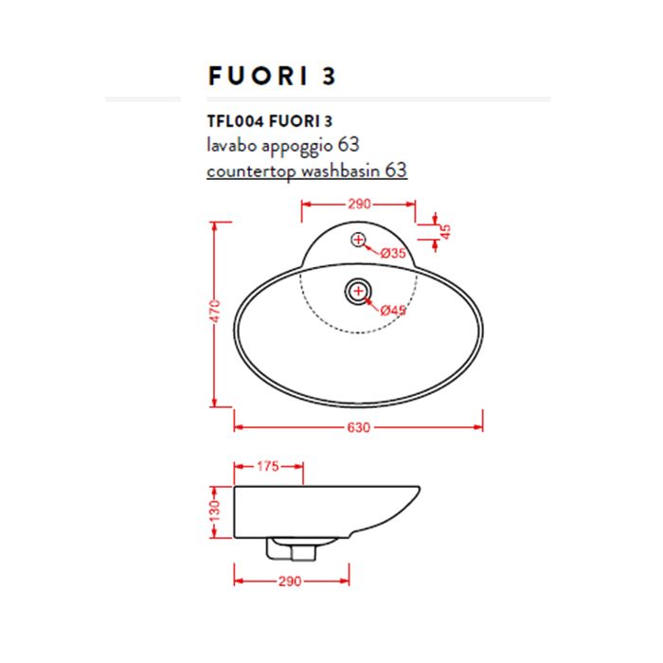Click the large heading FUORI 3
click(271, 76)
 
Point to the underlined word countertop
click(251, 171)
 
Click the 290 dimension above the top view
click(359, 204)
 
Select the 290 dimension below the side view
click(290, 581)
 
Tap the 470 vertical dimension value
click(216, 312)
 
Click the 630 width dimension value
click(358, 427)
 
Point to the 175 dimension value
click(268, 466)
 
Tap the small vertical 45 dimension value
click(445, 229)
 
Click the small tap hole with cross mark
click(358, 240)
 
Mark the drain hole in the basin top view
click(358, 291)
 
